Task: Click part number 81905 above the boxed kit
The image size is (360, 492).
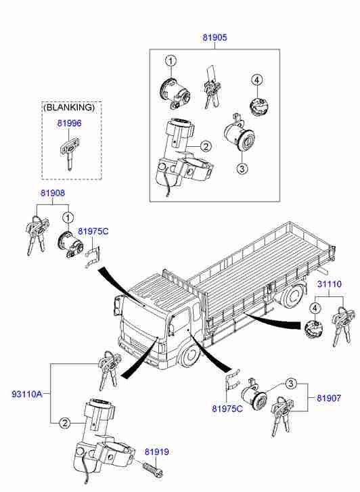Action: (x=215, y=38)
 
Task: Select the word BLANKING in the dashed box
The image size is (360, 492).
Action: (x=69, y=108)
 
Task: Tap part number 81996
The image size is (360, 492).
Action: (x=69, y=123)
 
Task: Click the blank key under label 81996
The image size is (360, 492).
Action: (x=70, y=153)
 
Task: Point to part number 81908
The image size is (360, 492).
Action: (x=53, y=193)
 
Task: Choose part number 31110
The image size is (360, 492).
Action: (x=330, y=284)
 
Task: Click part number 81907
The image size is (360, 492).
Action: (x=329, y=398)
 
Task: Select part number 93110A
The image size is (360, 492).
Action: (x=26, y=394)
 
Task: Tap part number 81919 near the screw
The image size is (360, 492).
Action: (x=156, y=452)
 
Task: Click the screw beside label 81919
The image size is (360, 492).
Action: (x=153, y=470)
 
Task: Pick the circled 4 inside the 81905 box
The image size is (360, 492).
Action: (x=256, y=81)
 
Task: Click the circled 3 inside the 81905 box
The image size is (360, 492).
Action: (x=242, y=169)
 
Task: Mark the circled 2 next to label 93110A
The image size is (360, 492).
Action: (x=64, y=423)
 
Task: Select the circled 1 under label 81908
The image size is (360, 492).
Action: (x=68, y=217)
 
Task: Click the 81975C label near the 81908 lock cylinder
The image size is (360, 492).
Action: (x=93, y=231)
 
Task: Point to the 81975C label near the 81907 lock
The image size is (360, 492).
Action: (x=227, y=409)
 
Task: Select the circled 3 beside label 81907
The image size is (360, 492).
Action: (x=291, y=384)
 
